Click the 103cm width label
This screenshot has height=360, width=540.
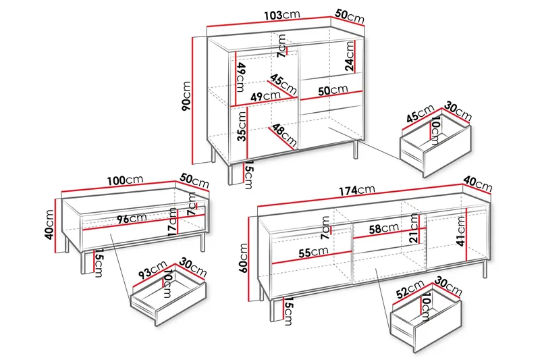pos(282,15)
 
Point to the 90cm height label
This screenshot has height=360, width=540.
pos(186,96)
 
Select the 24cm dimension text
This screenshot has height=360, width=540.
pos(350,56)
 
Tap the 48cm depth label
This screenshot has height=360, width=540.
pos(284,134)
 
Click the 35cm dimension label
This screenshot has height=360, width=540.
pos(242,126)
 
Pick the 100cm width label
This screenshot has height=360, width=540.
pos(125,180)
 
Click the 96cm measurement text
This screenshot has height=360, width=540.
pos(132,218)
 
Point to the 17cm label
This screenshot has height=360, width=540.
pos(173,222)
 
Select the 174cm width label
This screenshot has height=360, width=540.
pos(356,190)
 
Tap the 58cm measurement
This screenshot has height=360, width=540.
pos(384,228)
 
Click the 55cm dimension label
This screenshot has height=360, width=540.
pos(313,252)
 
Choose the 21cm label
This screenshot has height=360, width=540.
pos(414,228)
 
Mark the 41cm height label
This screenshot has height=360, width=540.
pos(460,231)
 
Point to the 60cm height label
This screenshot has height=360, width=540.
pos(244,258)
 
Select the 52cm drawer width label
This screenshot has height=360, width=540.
pos(410,289)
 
